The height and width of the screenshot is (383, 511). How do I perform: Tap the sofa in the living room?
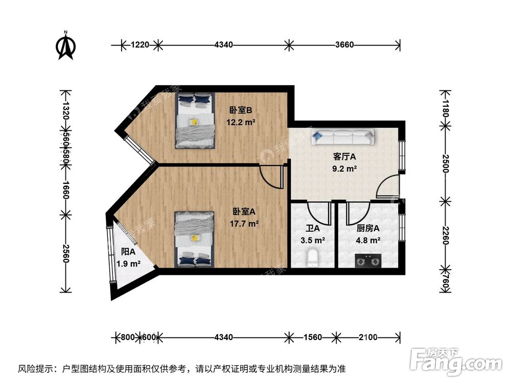click(343, 136)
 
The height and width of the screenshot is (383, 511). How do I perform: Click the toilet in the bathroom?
click(313, 258)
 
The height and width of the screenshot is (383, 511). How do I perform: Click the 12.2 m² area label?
click(241, 122)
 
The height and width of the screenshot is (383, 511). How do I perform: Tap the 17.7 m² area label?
click(245, 223)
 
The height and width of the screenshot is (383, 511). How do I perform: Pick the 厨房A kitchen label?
click(368, 228)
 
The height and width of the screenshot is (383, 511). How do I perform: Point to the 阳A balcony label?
click(128, 252)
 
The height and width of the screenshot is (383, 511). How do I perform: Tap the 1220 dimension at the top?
click(139, 45)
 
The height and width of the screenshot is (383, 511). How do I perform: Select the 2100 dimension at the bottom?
click(367, 337)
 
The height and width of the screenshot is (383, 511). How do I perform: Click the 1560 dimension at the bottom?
click(313, 337)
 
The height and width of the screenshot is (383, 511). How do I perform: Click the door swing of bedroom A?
click(271, 176)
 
